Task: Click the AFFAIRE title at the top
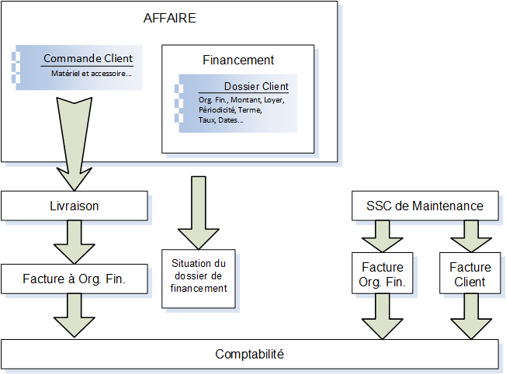tap(170, 19)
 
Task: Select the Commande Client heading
tap(88, 59)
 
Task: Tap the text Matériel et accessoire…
tap(91, 74)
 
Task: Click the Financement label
tap(238, 60)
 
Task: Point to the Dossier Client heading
tap(256, 87)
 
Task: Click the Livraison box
tap(74, 206)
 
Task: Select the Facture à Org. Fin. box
tap(74, 278)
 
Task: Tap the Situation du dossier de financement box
tap(198, 277)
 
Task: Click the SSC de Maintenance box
tap(425, 206)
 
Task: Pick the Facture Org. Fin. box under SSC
tap(383, 275)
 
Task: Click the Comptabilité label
tap(249, 355)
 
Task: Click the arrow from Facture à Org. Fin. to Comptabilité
tap(74, 317)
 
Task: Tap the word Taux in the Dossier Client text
tap(207, 120)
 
